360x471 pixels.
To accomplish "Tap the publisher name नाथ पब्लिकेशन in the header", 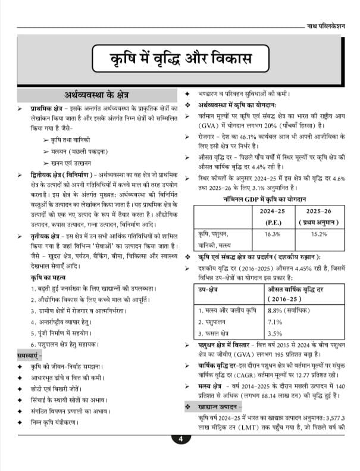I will point(330,26).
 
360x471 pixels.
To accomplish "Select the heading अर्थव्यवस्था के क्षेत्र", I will point(97,95).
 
